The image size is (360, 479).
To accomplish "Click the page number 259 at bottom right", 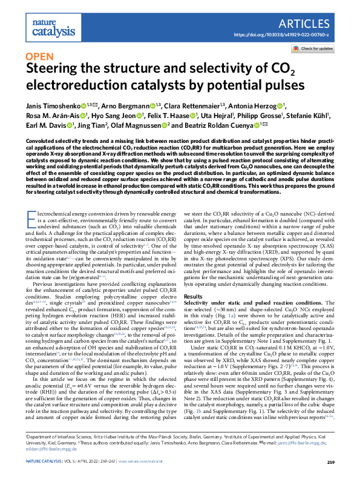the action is (x=330, y=463).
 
